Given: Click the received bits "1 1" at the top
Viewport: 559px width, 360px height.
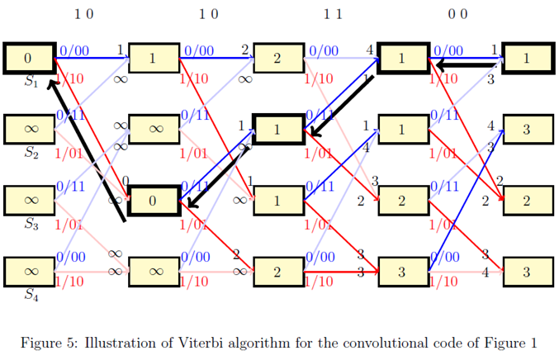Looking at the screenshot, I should coord(333,14).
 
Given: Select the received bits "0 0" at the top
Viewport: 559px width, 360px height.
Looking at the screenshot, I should coord(457,14).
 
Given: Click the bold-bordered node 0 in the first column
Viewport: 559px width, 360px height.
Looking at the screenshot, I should coord(29,59).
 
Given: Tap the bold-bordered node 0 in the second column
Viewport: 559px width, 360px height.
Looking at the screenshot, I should coord(154,201).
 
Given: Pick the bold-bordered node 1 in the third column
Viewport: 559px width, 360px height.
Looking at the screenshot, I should coord(277,130).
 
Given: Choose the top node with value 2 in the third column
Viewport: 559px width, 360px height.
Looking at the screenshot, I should coord(278,59).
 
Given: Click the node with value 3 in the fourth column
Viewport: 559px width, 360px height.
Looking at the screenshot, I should coord(402,272).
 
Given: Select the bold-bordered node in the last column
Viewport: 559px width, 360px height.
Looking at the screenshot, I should coord(527,59).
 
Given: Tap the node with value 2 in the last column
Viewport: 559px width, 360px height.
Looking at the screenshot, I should coord(527,201).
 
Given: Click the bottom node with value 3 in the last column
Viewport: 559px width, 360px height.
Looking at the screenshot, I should coord(527,272).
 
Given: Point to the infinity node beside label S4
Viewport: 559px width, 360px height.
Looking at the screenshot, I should coord(29,272).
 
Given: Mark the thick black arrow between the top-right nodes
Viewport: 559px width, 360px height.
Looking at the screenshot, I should coord(467,64).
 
